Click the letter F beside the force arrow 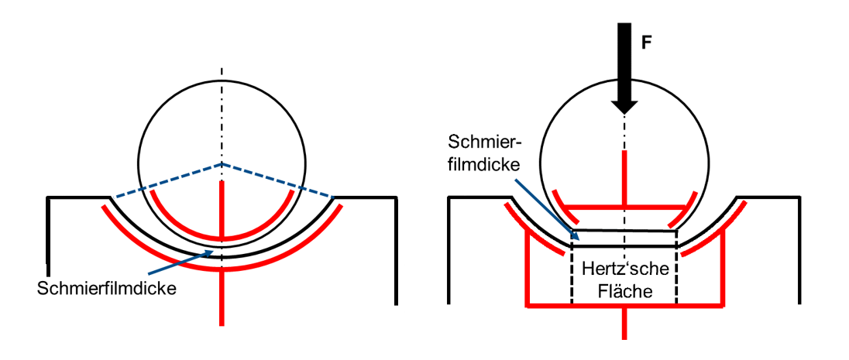(x=646, y=43)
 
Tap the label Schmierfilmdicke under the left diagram (x=107, y=288)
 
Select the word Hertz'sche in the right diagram (x=626, y=269)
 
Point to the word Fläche (x=625, y=291)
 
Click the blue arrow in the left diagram (x=180, y=264)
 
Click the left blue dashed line (x=166, y=180)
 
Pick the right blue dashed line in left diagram (x=277, y=180)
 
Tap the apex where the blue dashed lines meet (x=221, y=163)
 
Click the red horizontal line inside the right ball (x=624, y=207)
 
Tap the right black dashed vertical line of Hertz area (x=677, y=267)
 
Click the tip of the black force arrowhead (x=624, y=115)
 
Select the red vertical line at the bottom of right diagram (x=625, y=323)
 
